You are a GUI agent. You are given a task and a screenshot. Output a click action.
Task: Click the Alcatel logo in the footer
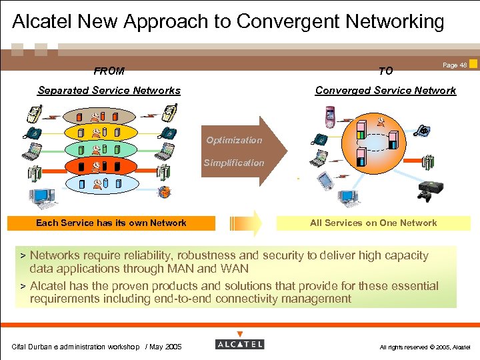[240, 344]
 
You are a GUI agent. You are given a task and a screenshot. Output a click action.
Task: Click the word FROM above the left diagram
[109, 71]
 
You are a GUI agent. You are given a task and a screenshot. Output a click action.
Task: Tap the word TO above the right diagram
[385, 71]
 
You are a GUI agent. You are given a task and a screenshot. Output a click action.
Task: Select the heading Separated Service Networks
[109, 91]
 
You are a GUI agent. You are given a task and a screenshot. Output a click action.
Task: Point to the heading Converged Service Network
[385, 91]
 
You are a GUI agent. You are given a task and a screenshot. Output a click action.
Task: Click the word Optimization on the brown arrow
[234, 140]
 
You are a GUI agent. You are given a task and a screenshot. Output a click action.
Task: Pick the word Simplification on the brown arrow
[234, 163]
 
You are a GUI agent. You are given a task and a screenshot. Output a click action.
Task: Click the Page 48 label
[455, 65]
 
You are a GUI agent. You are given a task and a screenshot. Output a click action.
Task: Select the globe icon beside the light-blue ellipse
[164, 193]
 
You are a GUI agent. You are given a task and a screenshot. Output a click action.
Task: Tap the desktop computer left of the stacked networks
[41, 197]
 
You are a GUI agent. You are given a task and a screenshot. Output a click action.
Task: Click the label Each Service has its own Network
[111, 223]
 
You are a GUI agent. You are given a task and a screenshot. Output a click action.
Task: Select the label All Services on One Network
[373, 223]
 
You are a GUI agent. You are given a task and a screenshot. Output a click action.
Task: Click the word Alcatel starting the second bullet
[51, 286]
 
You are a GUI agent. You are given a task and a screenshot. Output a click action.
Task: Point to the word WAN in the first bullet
[234, 269]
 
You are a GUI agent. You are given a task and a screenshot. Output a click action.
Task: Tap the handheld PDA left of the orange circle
[325, 180]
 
